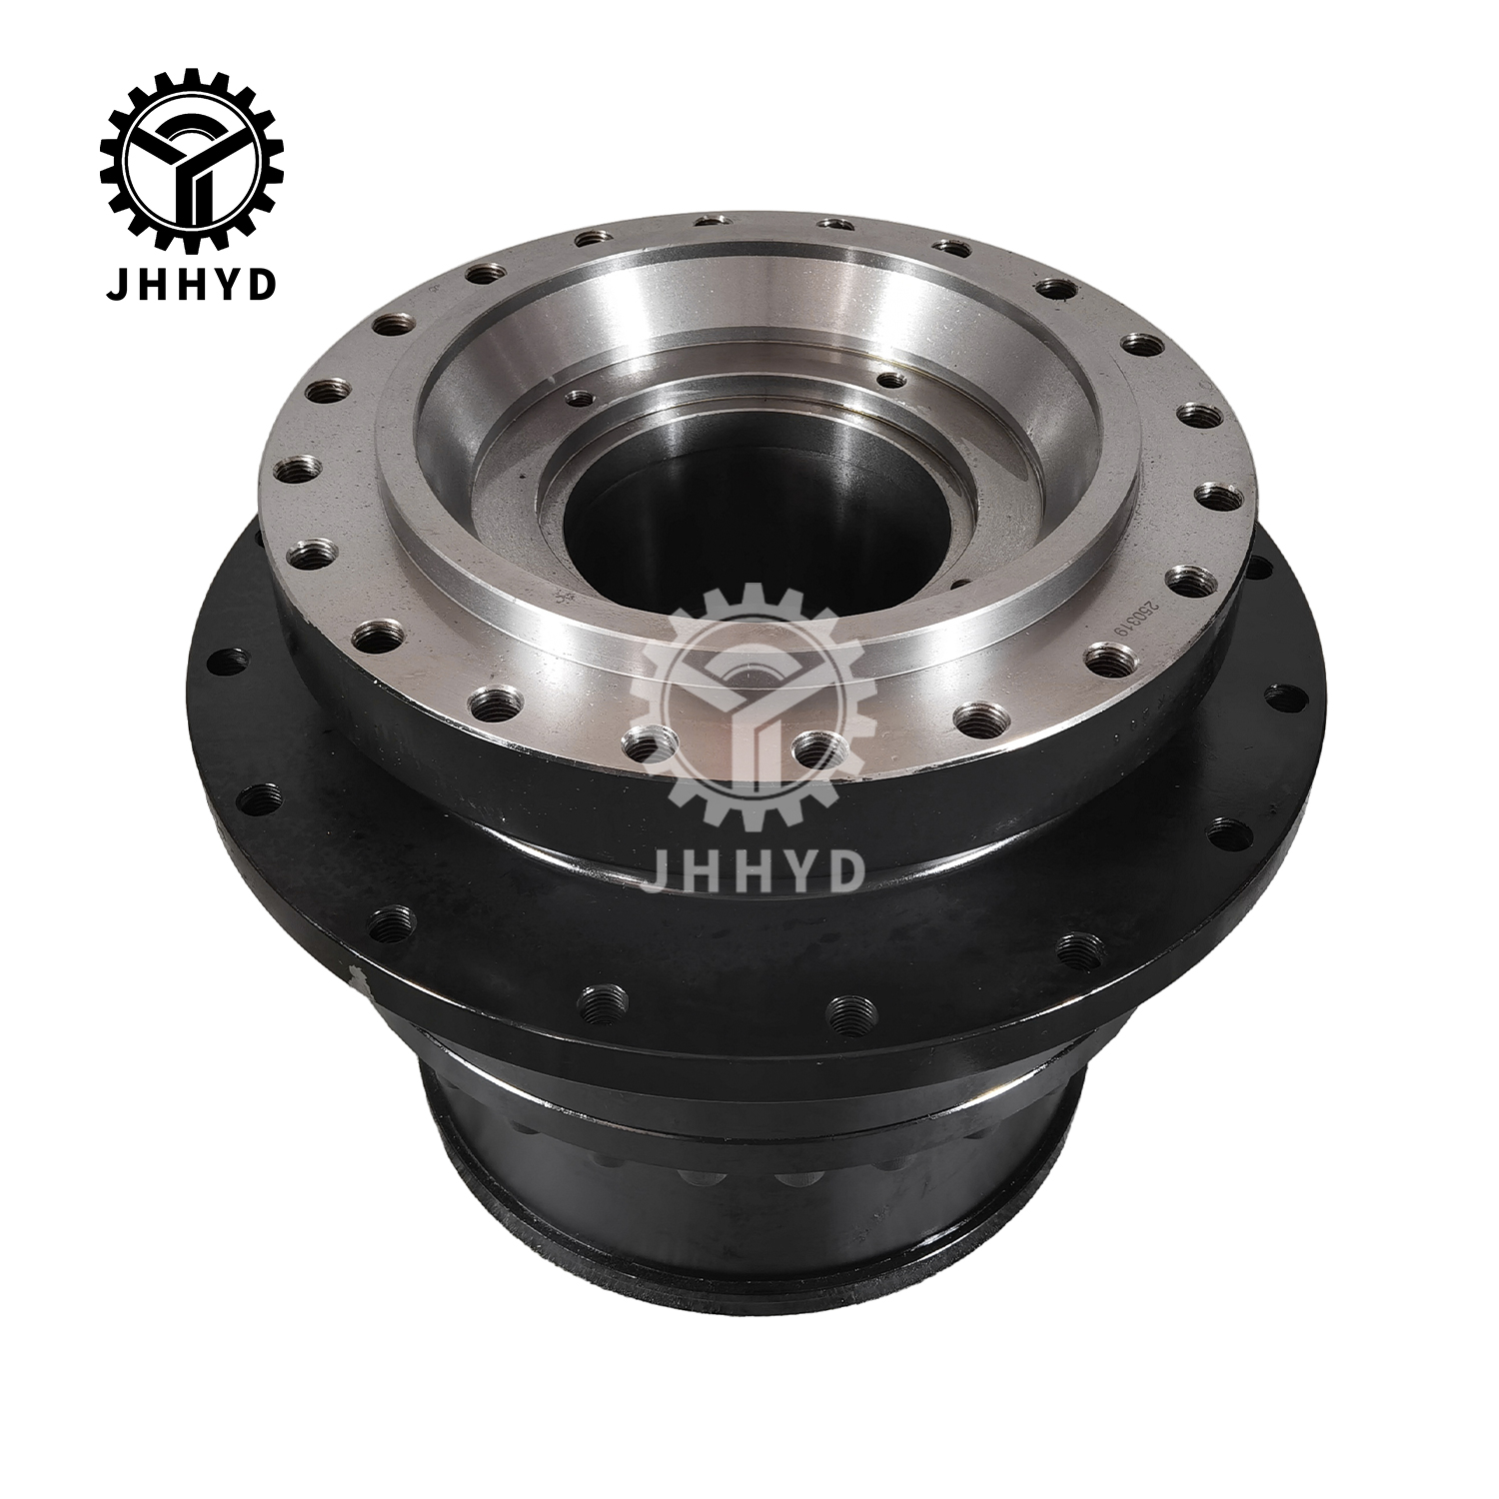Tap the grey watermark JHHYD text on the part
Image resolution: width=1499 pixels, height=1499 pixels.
(751, 868)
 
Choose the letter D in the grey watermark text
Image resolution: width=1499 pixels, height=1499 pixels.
(845, 868)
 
